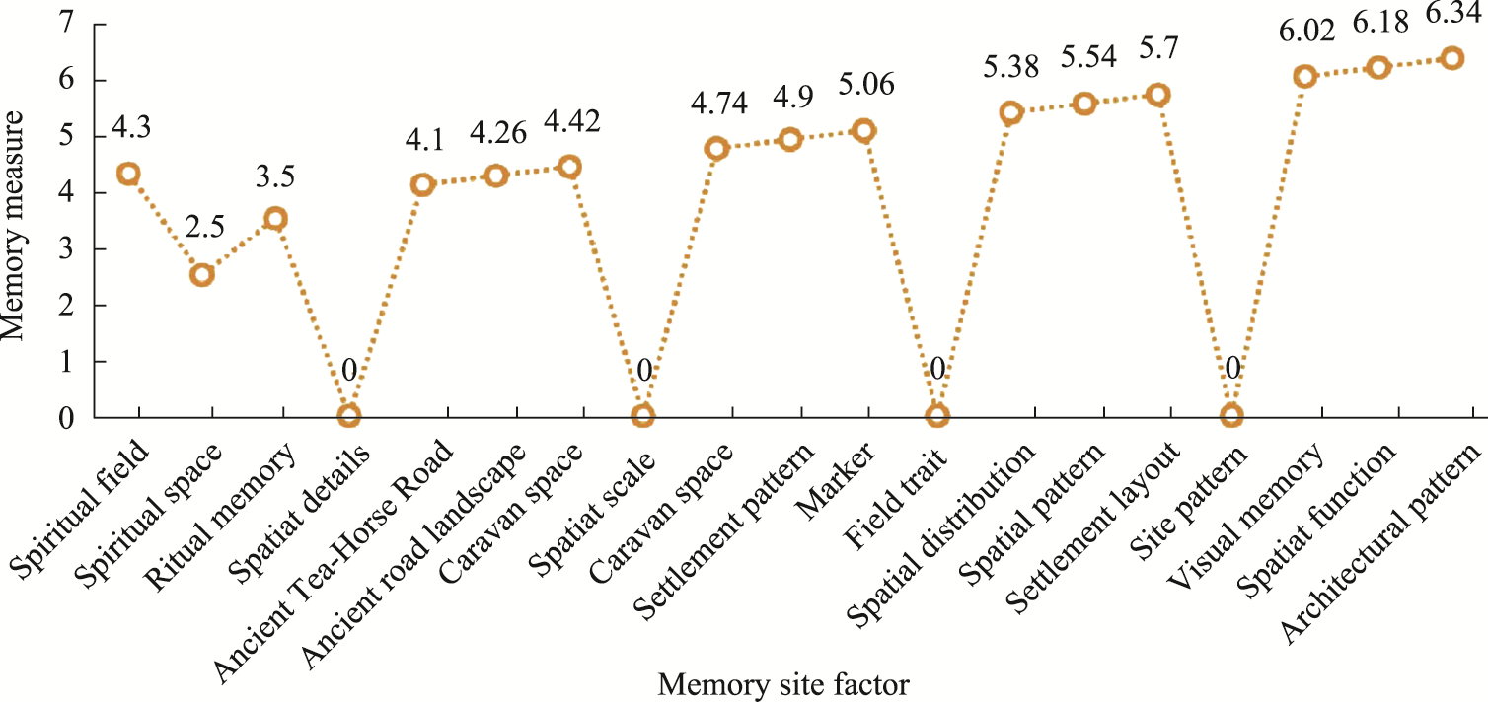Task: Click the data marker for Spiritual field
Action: point(128,174)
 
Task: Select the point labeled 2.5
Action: point(201,274)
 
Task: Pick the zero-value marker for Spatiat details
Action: point(348,416)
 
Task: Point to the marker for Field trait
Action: point(937,416)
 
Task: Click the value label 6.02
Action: point(1306,33)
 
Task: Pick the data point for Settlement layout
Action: point(1158,95)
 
